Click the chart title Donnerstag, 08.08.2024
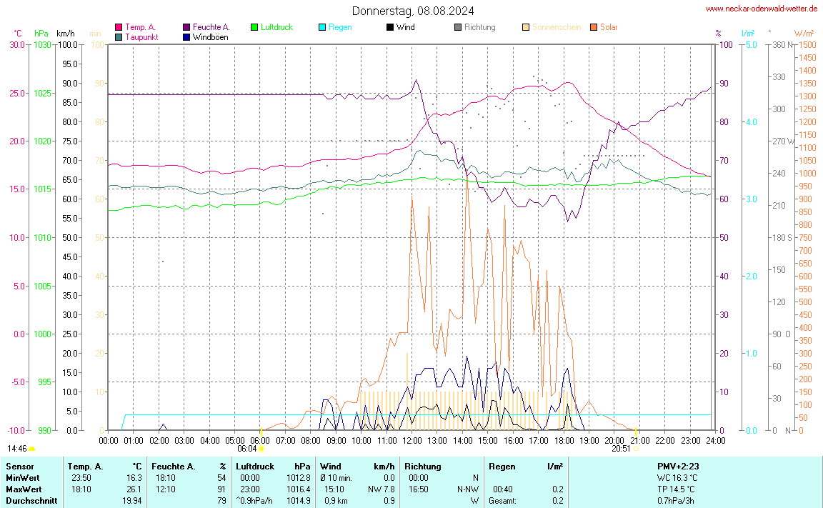pos(412,11)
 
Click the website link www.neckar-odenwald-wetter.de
pos(762,9)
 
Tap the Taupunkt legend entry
pos(141,36)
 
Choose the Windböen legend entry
pos(211,36)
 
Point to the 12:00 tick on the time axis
pos(412,440)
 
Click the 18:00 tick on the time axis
pos(564,440)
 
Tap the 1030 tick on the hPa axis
pos(42,44)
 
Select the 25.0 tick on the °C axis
pos(16,93)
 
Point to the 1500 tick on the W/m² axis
pos(807,44)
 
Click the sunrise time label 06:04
pos(246,449)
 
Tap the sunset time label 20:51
pos(621,449)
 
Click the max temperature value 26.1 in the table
pos(134,489)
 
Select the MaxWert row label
pos(23,489)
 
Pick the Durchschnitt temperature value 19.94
pos(132,500)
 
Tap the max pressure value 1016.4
pos(298,489)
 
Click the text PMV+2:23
pos(678,467)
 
